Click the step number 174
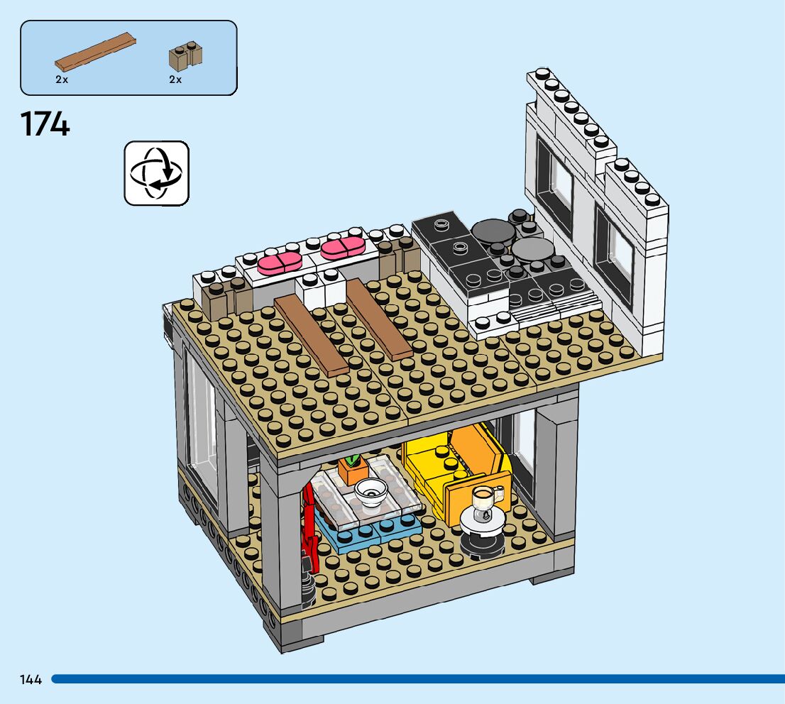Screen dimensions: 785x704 coord(45,123)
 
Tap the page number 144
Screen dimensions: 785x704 coord(31,680)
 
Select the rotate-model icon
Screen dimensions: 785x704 coord(157,173)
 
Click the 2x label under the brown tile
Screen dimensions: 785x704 coord(62,79)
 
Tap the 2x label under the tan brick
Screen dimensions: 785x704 coord(175,79)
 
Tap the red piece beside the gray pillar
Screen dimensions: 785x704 coord(309,525)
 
